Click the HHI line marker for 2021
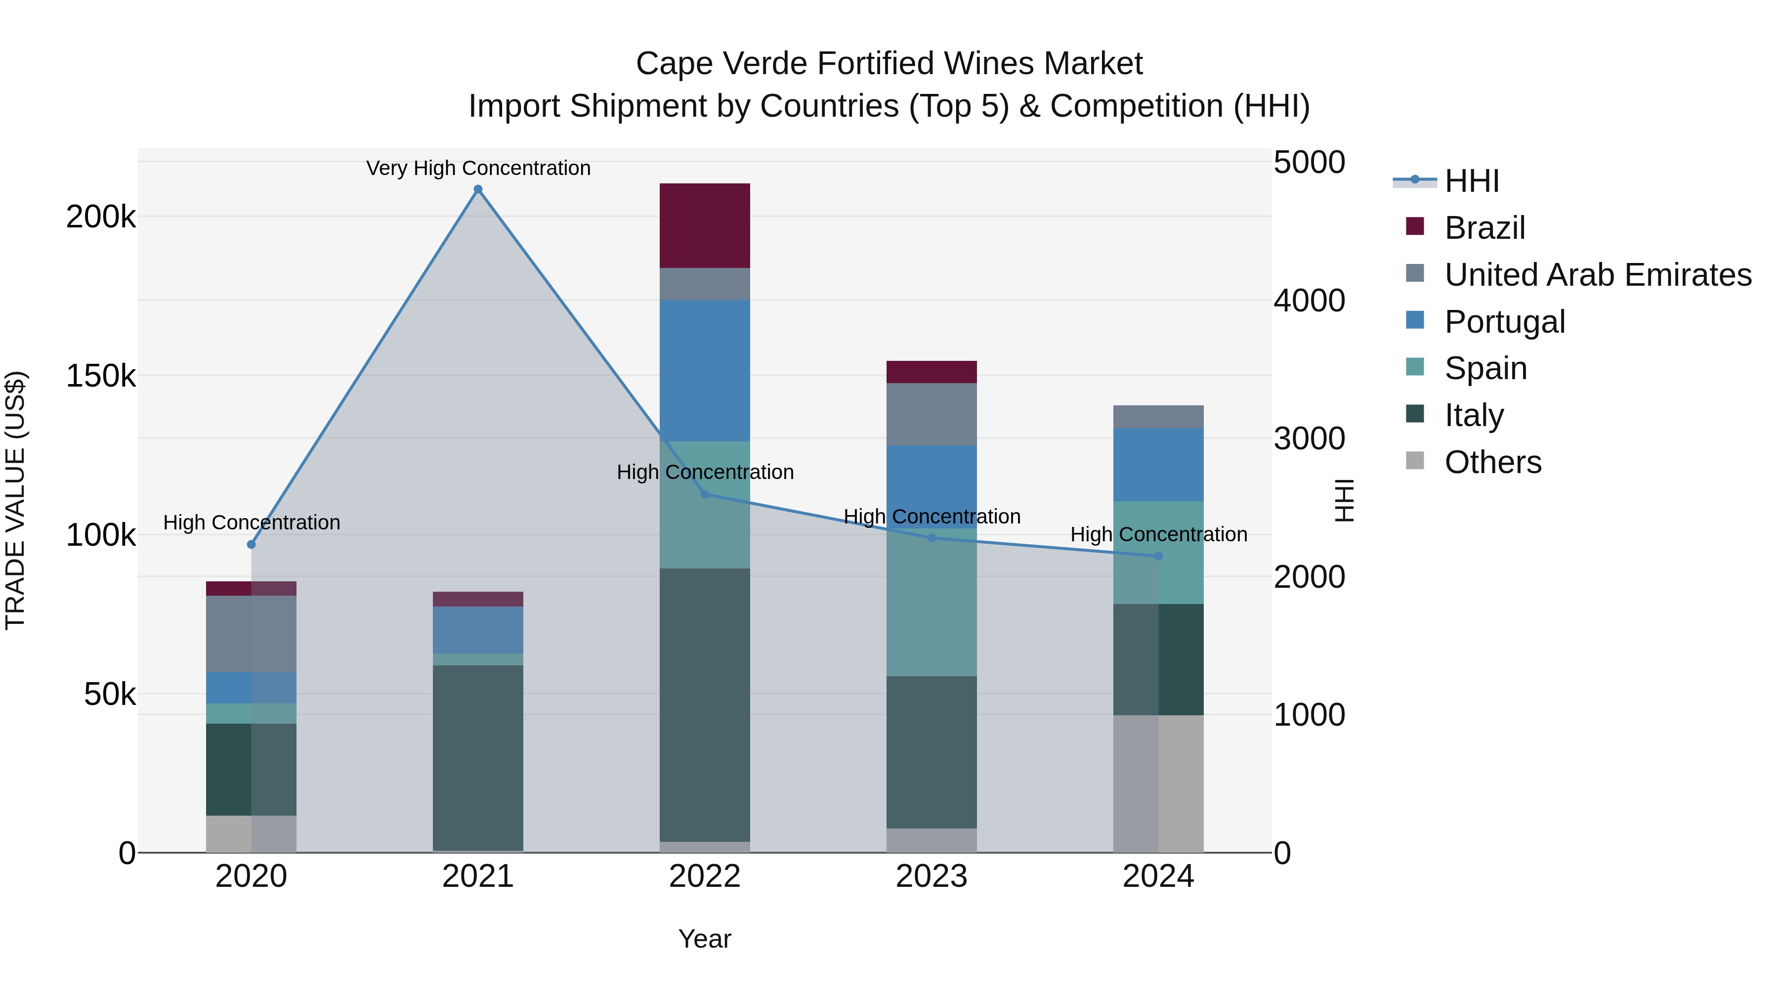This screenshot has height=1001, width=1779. pyautogui.click(x=478, y=189)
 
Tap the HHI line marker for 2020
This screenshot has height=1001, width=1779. pyautogui.click(x=252, y=544)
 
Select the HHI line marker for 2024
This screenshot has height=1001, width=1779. pyautogui.click(x=1158, y=556)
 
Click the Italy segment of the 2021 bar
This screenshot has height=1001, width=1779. pyautogui.click(x=478, y=757)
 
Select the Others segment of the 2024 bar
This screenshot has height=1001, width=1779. pyautogui.click(x=1158, y=783)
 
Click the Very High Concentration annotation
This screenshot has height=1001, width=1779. pyautogui.click(x=478, y=168)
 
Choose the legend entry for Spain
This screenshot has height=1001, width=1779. pyautogui.click(x=1485, y=368)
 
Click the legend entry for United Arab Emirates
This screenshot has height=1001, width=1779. pyautogui.click(x=1597, y=274)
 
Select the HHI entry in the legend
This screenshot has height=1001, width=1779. pyautogui.click(x=1471, y=181)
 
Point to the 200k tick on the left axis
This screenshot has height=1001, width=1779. pyautogui.click(x=101, y=217)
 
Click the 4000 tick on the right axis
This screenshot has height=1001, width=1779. pyautogui.click(x=1309, y=301)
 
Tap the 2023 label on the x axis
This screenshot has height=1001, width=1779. pyautogui.click(x=932, y=876)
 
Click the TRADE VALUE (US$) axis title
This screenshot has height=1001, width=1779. pyautogui.click(x=15, y=500)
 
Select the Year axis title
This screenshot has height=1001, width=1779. pyautogui.click(x=704, y=939)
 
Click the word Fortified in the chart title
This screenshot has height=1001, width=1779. pyautogui.click(x=876, y=64)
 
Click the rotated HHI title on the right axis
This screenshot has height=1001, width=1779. pyautogui.click(x=1344, y=500)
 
